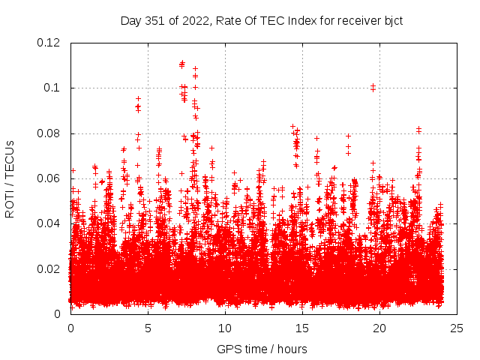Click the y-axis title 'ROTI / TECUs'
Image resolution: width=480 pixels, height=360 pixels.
point(10,178)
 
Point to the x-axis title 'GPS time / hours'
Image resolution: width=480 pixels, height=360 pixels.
point(262,349)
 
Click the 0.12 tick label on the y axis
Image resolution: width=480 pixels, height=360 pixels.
point(49,43)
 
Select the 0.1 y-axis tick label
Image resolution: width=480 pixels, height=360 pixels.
point(55,88)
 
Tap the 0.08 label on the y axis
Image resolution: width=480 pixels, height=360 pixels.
point(49,133)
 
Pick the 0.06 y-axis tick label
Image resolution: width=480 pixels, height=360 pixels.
point(49,178)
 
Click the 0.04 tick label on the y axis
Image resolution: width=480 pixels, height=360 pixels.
point(49,223)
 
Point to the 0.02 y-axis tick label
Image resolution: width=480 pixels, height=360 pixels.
point(49,268)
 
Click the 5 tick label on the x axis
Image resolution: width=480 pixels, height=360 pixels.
point(148,328)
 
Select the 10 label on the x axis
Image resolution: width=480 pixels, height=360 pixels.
point(225,328)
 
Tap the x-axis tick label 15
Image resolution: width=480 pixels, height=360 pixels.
point(302,328)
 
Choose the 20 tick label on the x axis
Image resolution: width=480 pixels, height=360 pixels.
point(379,328)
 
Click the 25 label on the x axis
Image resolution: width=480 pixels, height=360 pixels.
point(457,328)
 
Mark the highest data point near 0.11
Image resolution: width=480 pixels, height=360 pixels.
point(182,63)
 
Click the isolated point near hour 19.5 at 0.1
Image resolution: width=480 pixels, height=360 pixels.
point(373,86)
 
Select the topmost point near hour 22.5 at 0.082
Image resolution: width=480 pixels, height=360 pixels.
point(418,128)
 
